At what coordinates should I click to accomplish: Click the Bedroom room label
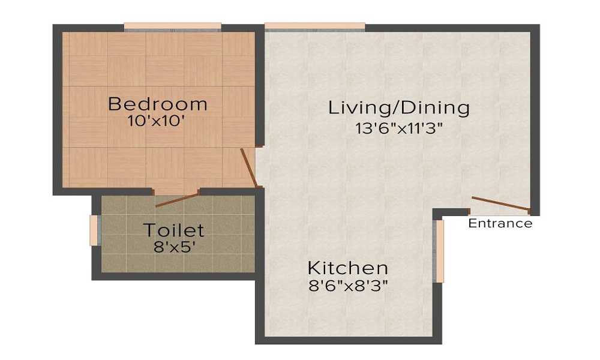(157, 104)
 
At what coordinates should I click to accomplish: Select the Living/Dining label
(398, 108)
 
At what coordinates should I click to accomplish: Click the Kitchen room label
(348, 267)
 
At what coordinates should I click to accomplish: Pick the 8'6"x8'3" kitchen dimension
(348, 285)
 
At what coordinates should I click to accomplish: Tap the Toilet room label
(173, 230)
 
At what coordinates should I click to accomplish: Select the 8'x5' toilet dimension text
(173, 246)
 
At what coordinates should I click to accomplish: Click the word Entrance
(500, 224)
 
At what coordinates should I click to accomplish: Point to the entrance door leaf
(500, 204)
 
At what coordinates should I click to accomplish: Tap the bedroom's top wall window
(173, 27)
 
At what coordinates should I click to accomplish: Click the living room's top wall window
(314, 27)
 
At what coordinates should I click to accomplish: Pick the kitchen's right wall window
(439, 251)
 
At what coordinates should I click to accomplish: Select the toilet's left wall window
(94, 230)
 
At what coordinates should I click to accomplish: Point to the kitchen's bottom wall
(348, 340)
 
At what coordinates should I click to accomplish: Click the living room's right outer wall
(535, 120)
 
